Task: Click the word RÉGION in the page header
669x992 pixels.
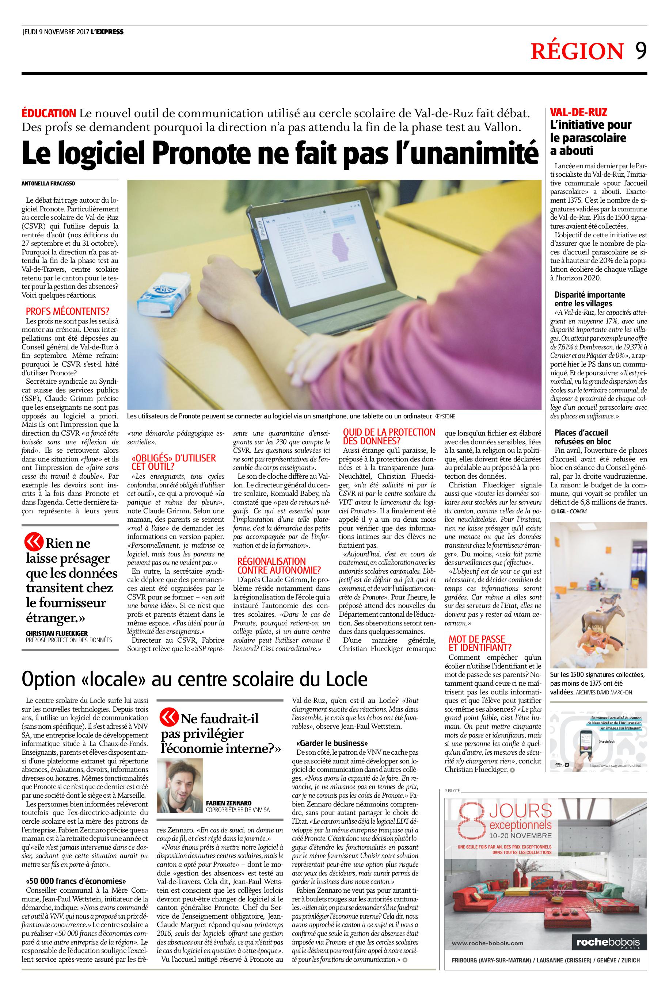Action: (x=577, y=51)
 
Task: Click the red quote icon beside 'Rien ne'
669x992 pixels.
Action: (x=34, y=542)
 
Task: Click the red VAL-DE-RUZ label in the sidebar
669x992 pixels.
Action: (x=578, y=112)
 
